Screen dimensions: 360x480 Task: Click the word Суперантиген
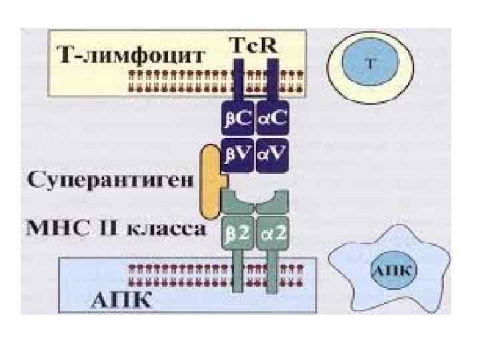[x=111, y=179]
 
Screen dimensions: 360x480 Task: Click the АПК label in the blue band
[x=121, y=299]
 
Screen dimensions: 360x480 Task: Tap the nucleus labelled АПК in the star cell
[x=393, y=271]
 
